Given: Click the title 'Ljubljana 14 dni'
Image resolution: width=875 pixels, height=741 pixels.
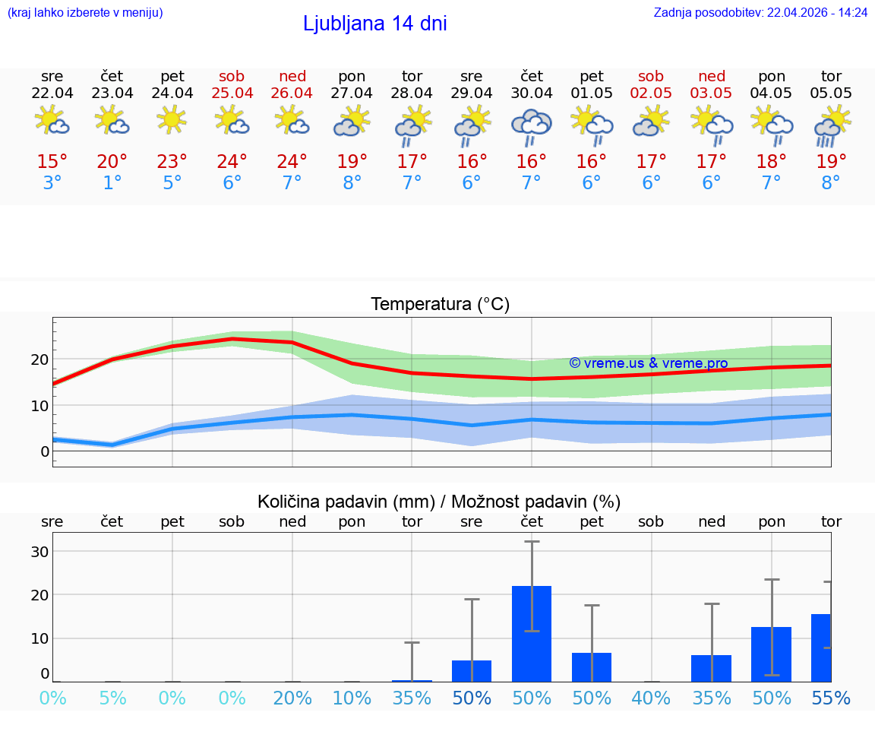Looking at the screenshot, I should [x=374, y=24].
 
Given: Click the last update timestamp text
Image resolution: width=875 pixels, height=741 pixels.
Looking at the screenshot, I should [x=760, y=13].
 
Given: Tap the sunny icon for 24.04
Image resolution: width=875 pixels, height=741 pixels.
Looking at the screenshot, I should [x=172, y=120].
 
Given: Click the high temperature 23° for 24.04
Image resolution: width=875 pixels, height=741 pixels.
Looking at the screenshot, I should [x=172, y=162].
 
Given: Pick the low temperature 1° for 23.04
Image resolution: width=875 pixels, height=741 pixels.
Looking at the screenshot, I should [x=112, y=183].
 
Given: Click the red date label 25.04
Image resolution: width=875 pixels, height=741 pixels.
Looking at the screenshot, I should [x=232, y=93].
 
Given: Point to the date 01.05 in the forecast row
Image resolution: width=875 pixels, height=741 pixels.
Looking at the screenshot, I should [x=592, y=93].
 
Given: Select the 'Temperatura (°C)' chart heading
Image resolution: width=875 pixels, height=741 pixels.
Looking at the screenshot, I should [x=440, y=305].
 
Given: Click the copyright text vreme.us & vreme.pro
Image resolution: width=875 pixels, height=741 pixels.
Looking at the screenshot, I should [x=648, y=363].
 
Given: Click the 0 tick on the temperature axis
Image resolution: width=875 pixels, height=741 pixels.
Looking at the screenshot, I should [x=45, y=451].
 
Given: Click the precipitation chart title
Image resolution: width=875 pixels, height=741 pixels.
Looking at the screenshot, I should [x=439, y=502].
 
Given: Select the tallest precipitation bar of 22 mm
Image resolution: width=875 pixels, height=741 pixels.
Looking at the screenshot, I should [x=532, y=633].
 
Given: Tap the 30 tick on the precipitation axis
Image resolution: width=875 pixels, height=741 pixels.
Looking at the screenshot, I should [x=39, y=552].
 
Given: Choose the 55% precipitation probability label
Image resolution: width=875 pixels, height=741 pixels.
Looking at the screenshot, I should [x=831, y=698].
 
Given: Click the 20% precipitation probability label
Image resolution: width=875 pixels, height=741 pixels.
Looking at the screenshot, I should [x=292, y=698].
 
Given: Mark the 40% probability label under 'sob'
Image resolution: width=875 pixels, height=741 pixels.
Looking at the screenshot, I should [x=651, y=698].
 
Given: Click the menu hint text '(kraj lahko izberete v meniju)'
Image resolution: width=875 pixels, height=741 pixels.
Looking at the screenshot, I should [x=84, y=13].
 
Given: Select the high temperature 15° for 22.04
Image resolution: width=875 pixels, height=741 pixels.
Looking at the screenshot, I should [x=52, y=162].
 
